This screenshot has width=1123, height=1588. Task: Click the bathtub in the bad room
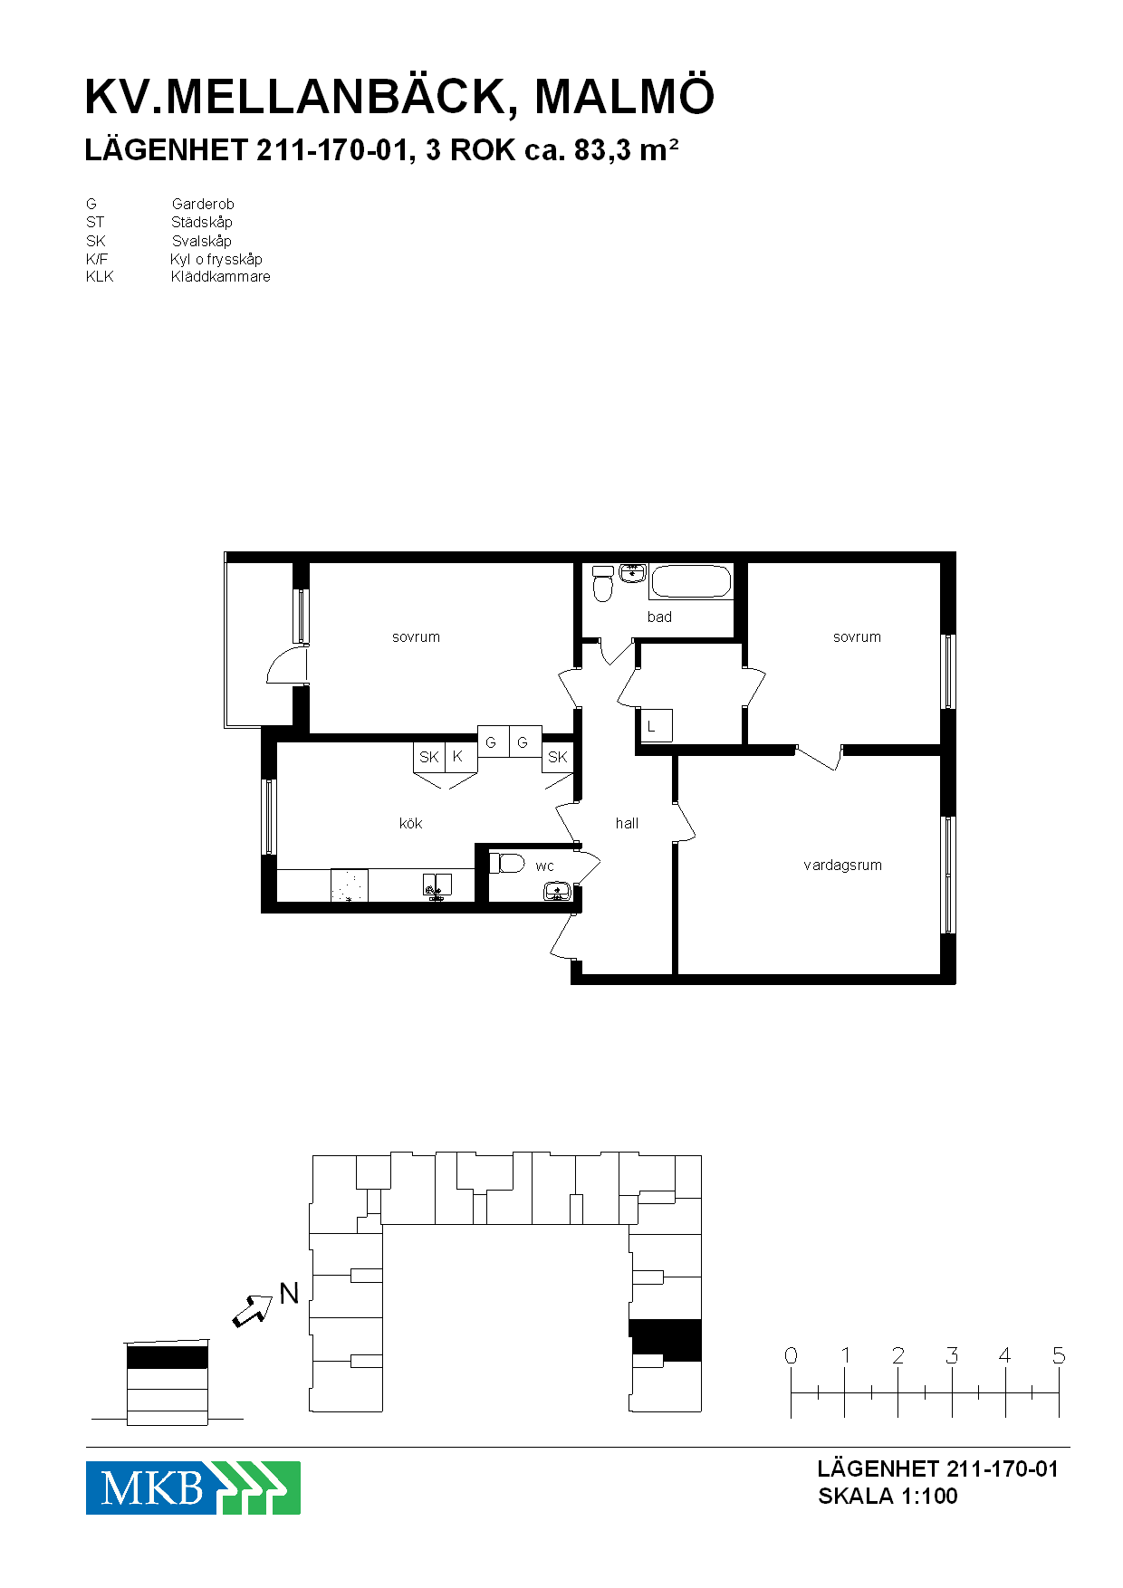[691, 582]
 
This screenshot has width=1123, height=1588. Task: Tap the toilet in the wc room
[507, 863]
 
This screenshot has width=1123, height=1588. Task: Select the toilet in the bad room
[603, 584]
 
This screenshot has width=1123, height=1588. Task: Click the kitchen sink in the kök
[437, 885]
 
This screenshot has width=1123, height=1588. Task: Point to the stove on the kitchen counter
[350, 885]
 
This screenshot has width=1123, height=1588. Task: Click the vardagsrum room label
[842, 866]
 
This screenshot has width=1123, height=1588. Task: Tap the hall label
[627, 823]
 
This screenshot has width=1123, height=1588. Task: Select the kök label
[410, 823]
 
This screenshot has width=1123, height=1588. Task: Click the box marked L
[656, 725]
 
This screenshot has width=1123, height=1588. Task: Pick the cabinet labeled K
[461, 757]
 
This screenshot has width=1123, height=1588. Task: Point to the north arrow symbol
[253, 1310]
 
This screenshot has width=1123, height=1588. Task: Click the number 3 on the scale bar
[952, 1355]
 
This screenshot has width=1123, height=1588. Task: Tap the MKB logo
[193, 1488]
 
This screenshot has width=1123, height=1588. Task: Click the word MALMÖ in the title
[625, 97]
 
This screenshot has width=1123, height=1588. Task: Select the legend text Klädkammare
[221, 277]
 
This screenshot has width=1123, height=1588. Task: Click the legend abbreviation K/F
[97, 259]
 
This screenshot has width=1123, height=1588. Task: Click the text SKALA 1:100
[888, 1496]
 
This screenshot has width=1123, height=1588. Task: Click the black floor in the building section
[168, 1357]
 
